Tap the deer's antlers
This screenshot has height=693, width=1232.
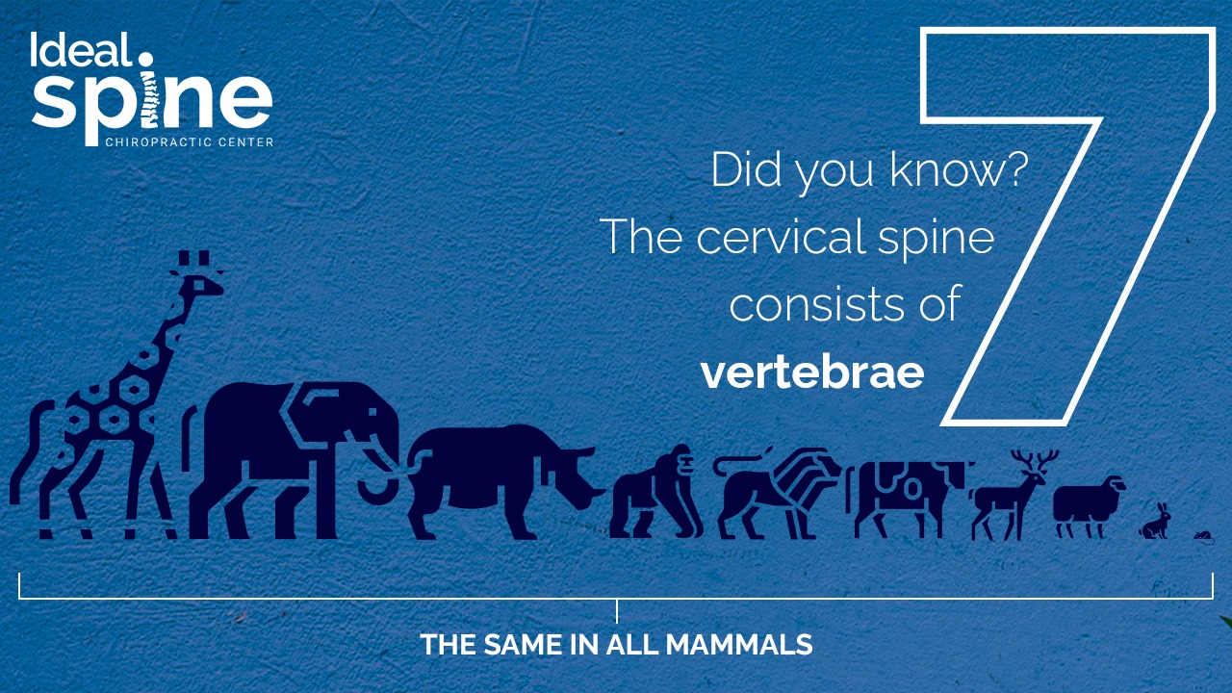[1035, 461]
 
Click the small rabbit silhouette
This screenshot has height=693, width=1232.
[1155, 522]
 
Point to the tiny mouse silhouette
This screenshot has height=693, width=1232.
[1204, 537]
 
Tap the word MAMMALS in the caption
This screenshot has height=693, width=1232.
[739, 644]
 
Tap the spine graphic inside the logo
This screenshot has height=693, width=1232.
[150, 98]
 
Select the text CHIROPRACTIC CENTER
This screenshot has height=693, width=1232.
[190, 141]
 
